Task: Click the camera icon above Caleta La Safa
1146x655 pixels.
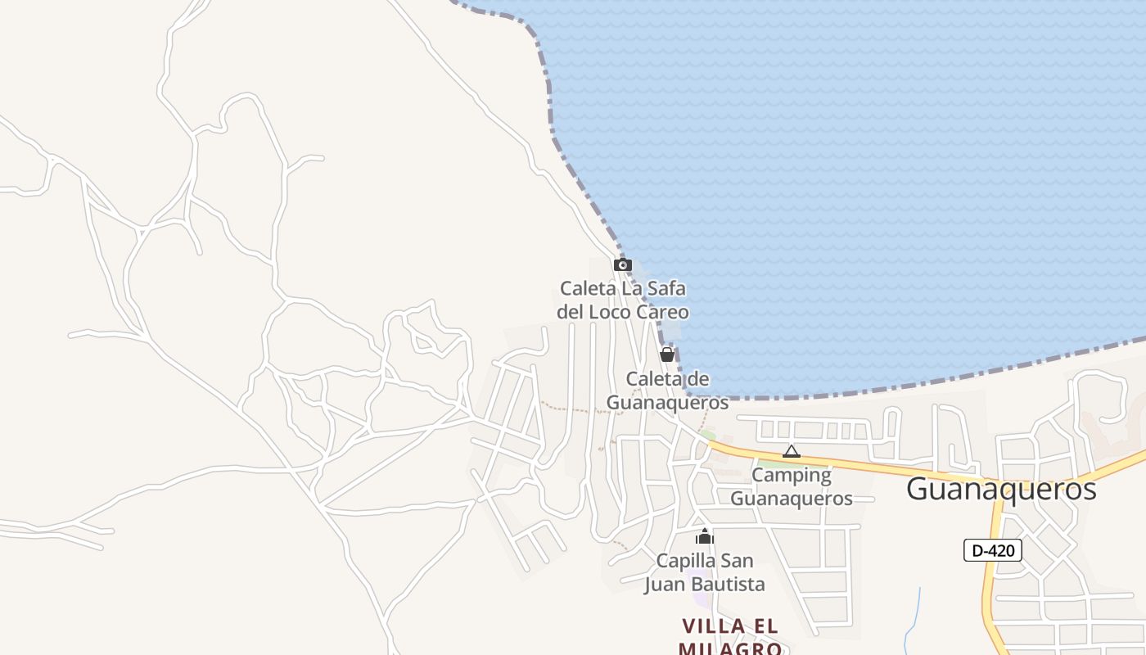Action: coord(623,265)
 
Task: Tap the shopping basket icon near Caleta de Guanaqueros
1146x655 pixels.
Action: coord(667,355)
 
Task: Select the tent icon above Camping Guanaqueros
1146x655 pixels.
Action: coord(791,451)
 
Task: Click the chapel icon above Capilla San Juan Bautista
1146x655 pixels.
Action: coord(705,537)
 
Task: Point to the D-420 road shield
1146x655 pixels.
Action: coord(992,550)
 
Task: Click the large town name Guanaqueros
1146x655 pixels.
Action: coord(1001,489)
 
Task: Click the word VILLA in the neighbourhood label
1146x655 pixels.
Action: coord(714,626)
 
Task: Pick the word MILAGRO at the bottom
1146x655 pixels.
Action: coord(731,648)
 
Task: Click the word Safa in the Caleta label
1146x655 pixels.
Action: coord(665,288)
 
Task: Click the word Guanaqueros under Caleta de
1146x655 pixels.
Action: coord(667,403)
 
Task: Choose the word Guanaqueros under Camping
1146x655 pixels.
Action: coord(791,498)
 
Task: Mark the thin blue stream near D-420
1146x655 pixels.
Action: coord(914,614)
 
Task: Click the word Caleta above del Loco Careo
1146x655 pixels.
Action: coord(587,288)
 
